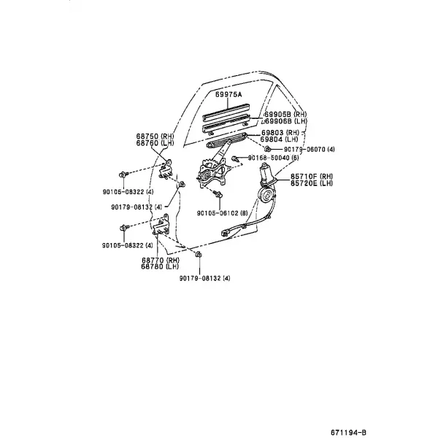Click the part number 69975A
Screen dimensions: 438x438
(228, 95)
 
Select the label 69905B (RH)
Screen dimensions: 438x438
(285, 115)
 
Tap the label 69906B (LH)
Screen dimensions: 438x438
(285, 121)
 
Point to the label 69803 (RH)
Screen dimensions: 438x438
(280, 132)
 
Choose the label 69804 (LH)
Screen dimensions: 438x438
(280, 139)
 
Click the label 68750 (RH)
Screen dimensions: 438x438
(155, 137)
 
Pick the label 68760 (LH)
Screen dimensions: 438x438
(155, 143)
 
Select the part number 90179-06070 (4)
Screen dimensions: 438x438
(310, 150)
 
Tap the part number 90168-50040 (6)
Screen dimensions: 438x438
(274, 158)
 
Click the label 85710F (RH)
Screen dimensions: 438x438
(312, 177)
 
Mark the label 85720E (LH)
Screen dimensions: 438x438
(312, 183)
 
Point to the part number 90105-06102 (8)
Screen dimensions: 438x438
(223, 213)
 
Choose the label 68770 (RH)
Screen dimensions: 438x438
(161, 260)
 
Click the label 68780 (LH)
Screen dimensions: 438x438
(160, 266)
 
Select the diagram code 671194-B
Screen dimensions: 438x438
(349, 432)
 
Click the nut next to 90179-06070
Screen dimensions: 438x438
(267, 148)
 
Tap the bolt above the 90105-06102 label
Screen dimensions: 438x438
(218, 193)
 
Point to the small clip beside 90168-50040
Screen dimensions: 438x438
(236, 158)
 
